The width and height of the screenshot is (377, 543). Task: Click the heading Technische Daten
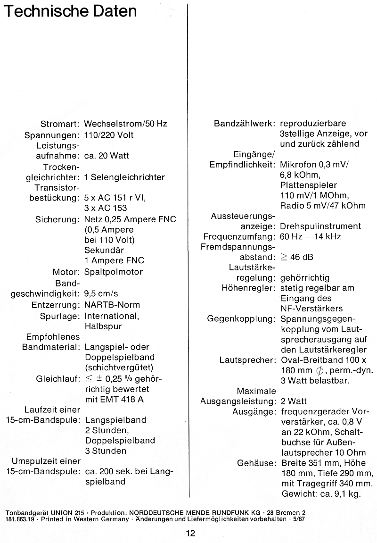tap(70, 11)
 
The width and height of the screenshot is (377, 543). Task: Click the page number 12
tap(190, 534)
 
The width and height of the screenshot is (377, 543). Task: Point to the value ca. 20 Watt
tap(107, 156)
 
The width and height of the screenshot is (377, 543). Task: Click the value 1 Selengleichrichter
tap(124, 177)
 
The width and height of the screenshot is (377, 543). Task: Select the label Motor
tap(65, 272)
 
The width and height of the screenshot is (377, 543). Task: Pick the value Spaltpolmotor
tap(114, 272)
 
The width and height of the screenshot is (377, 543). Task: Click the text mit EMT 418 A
tap(115, 400)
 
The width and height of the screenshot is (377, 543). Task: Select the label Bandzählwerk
tap(245, 124)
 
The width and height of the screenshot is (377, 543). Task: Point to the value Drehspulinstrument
tap(320, 226)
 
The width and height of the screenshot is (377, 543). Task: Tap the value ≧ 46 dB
tap(297, 257)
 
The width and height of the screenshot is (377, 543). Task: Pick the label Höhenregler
tap(248, 288)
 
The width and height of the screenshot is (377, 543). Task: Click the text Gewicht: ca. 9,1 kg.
tap(320, 494)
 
